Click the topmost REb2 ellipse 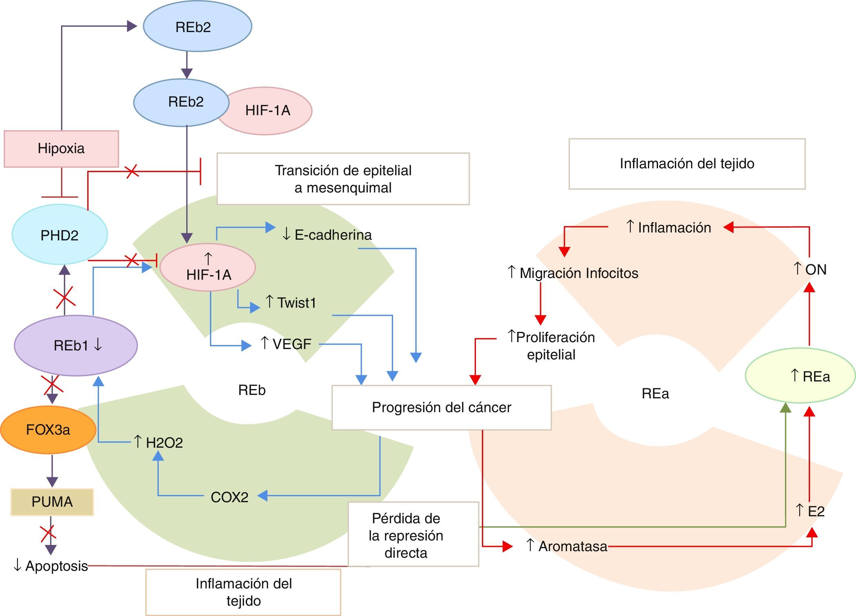[197, 27]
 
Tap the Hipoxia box [61, 149]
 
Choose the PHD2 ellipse [60, 235]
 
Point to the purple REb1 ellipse [76, 345]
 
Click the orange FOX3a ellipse [48, 429]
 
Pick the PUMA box [52, 501]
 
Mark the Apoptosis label [51, 566]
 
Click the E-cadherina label [327, 235]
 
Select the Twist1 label [291, 302]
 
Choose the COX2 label [229, 497]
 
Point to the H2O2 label [159, 443]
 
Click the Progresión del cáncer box [441, 407]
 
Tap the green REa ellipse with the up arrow [800, 376]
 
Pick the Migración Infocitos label [573, 273]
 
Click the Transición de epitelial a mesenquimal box [343, 179]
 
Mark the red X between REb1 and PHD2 [64, 297]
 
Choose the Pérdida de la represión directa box [413, 535]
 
